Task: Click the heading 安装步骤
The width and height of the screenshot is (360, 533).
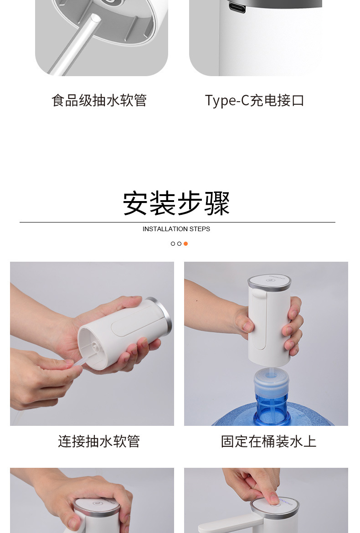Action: pos(176,203)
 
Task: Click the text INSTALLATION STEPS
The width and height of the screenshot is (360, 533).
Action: pos(176,229)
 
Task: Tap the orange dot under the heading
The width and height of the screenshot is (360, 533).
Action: pos(185,244)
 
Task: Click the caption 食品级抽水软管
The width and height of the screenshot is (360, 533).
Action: pos(99,100)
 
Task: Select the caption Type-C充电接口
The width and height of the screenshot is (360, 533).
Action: pos(254,100)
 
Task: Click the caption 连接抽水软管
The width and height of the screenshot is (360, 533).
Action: pos(99,441)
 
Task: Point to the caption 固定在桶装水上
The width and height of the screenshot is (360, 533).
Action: pos(268,441)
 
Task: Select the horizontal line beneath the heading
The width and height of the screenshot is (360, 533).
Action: pos(177,222)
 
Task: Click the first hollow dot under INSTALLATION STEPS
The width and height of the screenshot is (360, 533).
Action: pos(173,244)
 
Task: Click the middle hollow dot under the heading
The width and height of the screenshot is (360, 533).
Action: pos(179,244)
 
